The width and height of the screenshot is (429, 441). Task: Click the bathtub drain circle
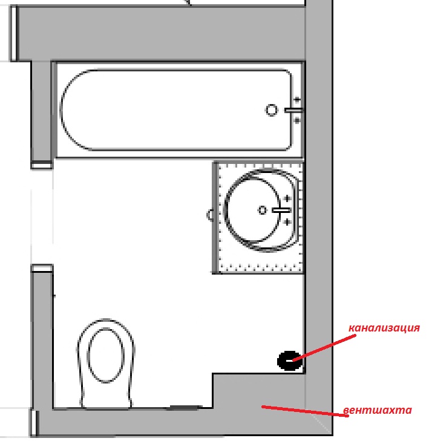272,109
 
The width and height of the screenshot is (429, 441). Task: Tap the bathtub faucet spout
293,110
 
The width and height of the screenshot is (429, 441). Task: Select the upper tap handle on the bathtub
296,99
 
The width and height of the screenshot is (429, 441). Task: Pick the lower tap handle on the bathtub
296,121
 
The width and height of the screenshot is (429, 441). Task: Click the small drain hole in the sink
262,210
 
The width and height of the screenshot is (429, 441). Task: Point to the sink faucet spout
281,210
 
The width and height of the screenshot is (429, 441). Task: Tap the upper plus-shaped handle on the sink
287,198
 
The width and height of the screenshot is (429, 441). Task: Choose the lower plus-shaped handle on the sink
287,222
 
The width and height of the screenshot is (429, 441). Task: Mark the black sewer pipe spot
288,360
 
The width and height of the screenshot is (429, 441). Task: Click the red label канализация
384,328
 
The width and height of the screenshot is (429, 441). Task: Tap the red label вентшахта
377,410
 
